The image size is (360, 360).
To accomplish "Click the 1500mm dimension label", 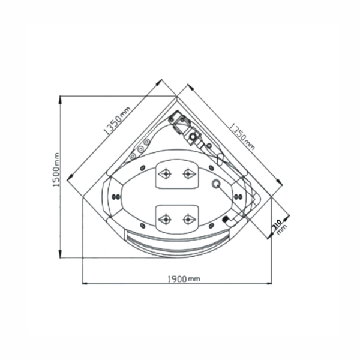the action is click(x=56, y=170).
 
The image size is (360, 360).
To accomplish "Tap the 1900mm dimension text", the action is click(x=184, y=279).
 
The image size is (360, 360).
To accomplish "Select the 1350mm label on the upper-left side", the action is click(x=116, y=121).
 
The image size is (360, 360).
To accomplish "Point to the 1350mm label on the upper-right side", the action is click(x=242, y=137).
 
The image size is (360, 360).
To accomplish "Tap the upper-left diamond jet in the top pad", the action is click(x=165, y=173).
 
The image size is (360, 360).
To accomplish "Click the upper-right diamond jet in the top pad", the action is click(x=189, y=173).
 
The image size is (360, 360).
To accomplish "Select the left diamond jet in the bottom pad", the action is click(x=165, y=220).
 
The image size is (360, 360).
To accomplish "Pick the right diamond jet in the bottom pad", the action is click(x=189, y=220).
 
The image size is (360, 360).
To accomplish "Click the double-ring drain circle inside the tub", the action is click(x=216, y=184).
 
